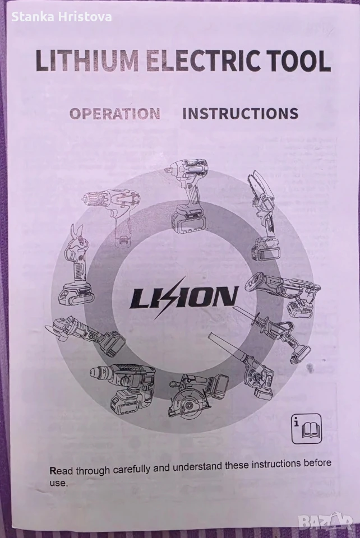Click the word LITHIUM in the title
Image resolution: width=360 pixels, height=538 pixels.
click(x=87, y=61)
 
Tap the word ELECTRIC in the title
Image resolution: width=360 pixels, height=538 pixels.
click(x=202, y=61)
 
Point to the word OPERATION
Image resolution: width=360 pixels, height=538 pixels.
click(x=115, y=114)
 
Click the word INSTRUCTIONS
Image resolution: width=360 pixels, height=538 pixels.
click(x=240, y=114)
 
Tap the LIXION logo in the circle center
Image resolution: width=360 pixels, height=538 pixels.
click(x=184, y=297)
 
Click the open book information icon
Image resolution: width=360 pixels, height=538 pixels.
click(x=307, y=428)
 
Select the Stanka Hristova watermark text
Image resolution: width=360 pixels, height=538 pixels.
click(x=62, y=17)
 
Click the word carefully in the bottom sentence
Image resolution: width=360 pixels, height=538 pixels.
click(x=132, y=469)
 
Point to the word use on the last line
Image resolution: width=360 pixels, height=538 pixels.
click(x=58, y=483)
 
